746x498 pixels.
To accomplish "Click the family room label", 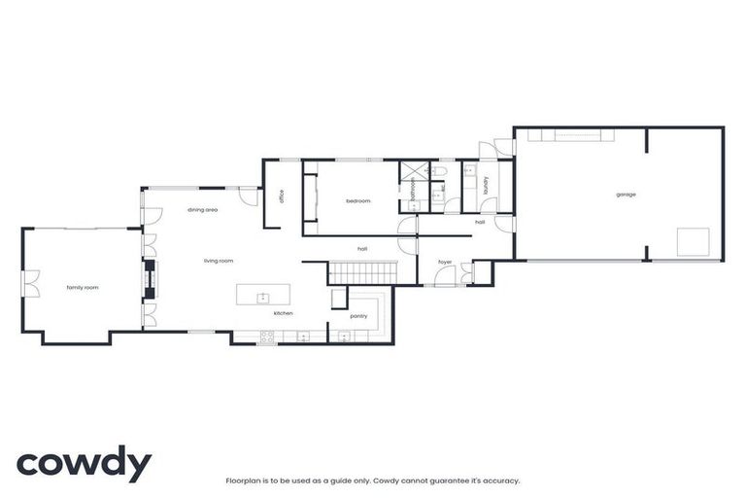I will [x=82, y=288].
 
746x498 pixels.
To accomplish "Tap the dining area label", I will [x=202, y=210].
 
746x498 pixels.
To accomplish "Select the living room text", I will [x=219, y=261].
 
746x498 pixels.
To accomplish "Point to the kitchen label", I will [x=283, y=313].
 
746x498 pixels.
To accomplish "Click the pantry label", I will [x=358, y=316].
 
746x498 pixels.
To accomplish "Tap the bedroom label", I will [x=358, y=200].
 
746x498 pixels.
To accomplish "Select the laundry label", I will [x=484, y=185].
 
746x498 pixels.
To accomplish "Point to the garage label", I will [x=626, y=195].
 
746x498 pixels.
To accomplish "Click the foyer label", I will [x=445, y=262].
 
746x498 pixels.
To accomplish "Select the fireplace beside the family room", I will [x=149, y=279].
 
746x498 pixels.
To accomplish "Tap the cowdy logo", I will [x=84, y=464].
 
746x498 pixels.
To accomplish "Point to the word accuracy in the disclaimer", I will [x=500, y=480].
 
